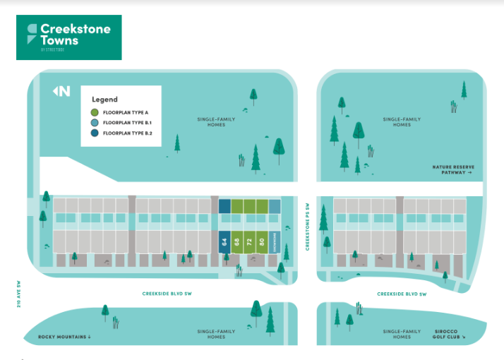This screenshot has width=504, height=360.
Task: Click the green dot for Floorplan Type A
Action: click(x=95, y=112)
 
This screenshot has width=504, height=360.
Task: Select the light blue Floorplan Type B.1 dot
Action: click(x=95, y=123)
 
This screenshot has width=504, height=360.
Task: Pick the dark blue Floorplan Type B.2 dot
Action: click(x=95, y=133)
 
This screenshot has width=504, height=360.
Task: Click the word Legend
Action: click(x=105, y=100)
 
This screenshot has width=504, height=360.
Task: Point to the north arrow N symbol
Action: click(x=62, y=91)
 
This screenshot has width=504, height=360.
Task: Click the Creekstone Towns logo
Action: click(x=69, y=37)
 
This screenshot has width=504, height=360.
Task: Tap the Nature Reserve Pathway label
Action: click(x=452, y=169)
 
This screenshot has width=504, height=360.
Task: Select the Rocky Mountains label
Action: click(x=65, y=337)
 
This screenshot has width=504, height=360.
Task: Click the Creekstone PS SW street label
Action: click(x=308, y=227)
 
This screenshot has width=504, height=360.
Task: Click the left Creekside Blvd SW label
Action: click(x=167, y=294)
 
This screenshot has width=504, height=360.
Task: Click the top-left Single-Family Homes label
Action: click(x=216, y=122)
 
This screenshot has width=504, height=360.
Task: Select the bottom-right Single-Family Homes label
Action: click(x=402, y=334)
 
